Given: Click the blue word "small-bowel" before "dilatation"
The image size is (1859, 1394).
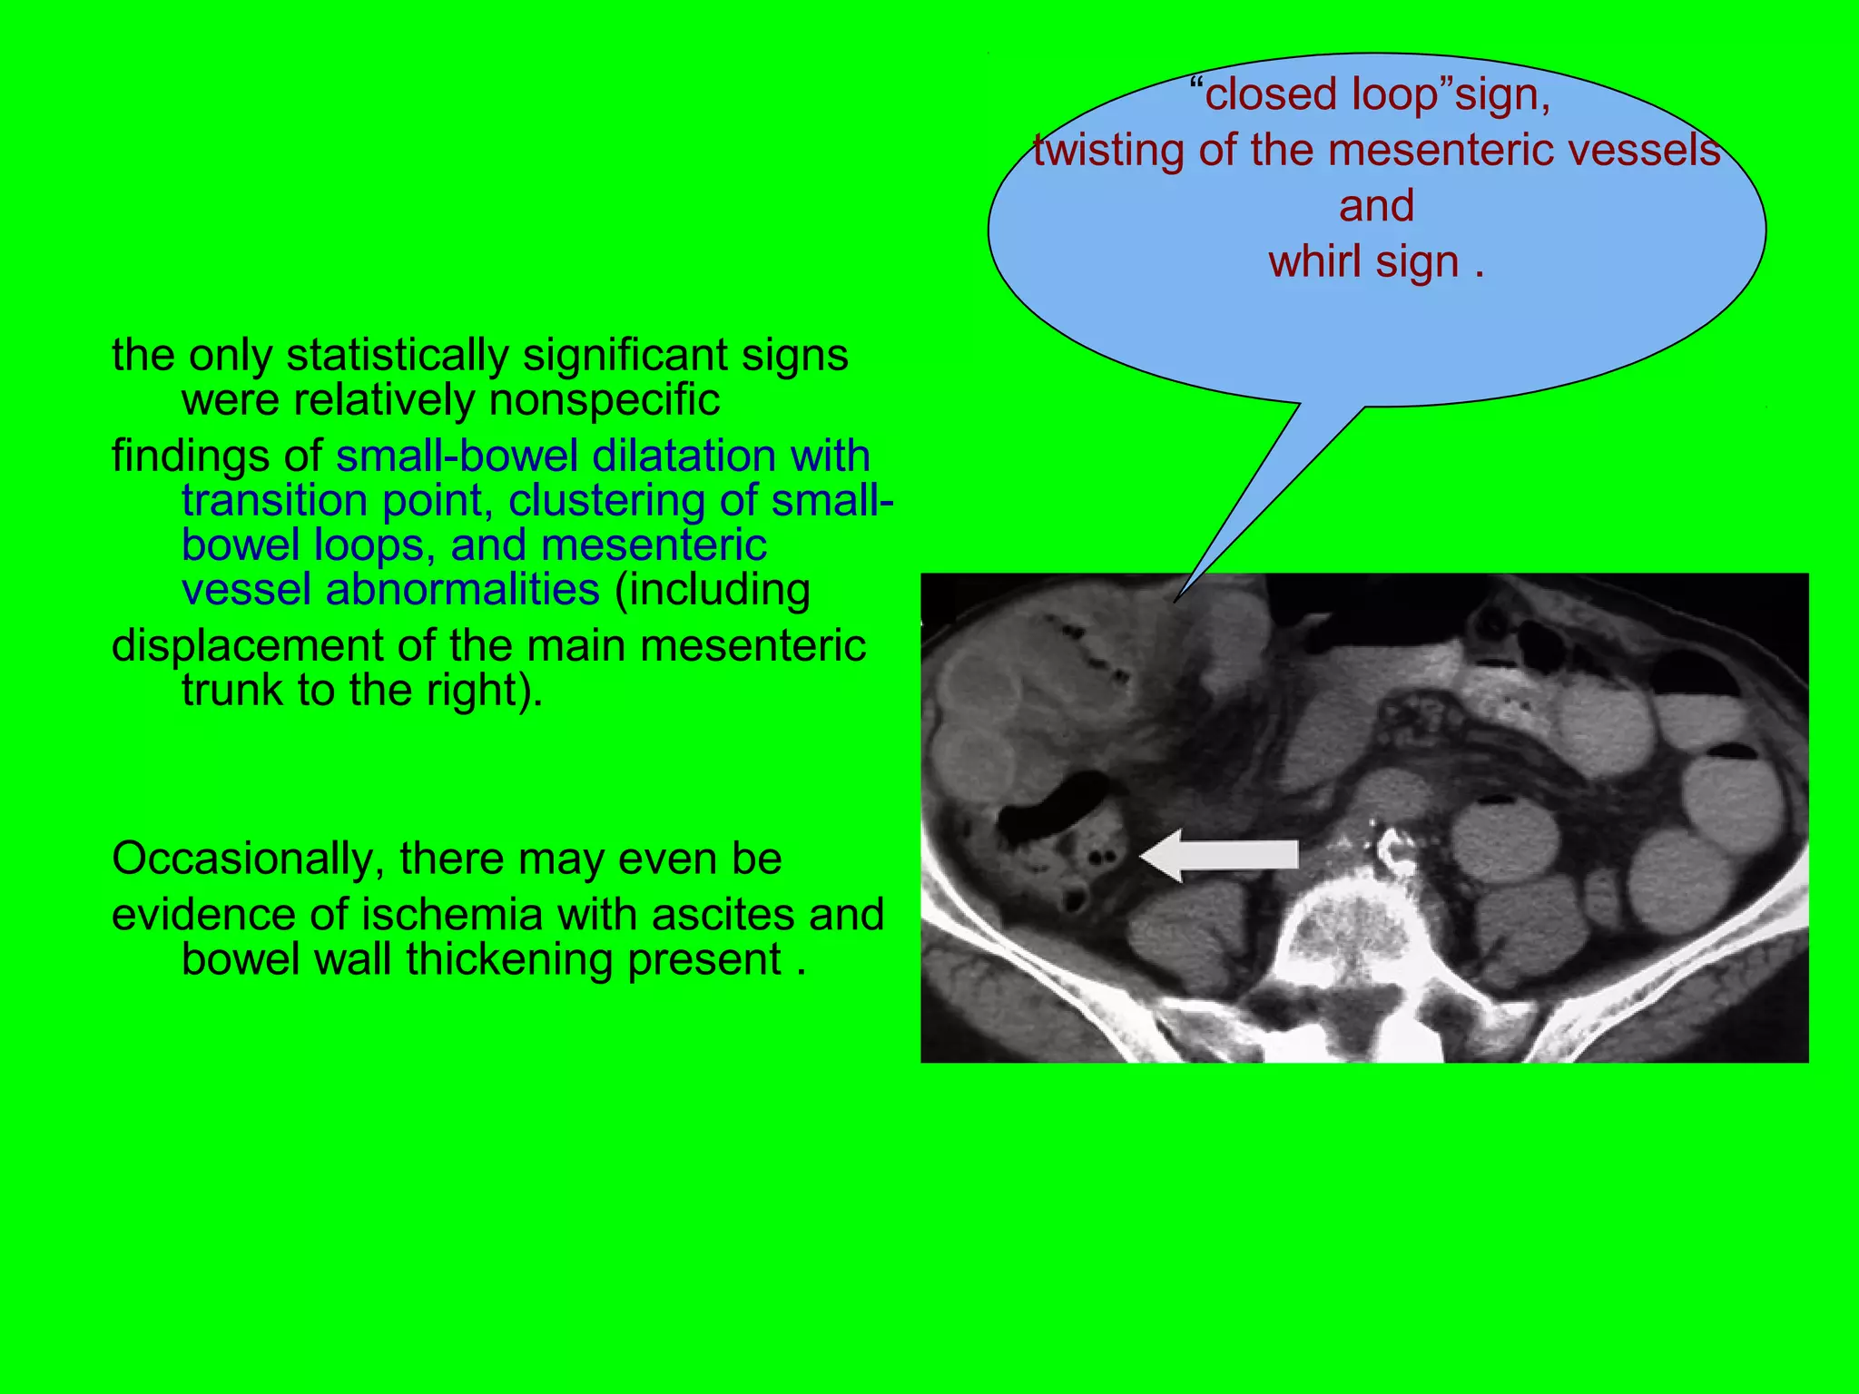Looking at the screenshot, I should pos(457,456).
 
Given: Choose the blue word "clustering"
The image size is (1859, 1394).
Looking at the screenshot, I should pos(606,501).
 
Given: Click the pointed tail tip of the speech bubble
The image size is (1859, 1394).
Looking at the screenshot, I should pos(1175,601).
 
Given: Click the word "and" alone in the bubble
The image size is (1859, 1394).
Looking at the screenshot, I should pos(1376,206).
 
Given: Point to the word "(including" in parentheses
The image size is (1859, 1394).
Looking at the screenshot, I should pos(713,590).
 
